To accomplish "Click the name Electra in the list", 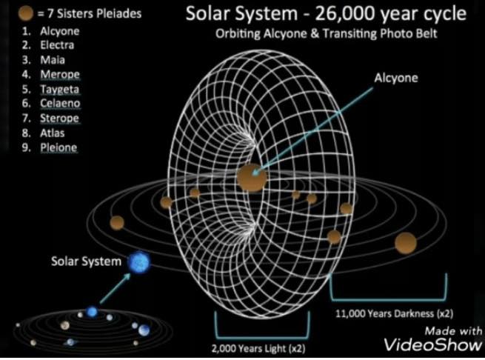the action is (x=57, y=45).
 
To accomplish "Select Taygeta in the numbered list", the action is (x=60, y=90).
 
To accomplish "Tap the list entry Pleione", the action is (x=58, y=147).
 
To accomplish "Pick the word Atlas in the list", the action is (x=53, y=133).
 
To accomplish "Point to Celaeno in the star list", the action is (x=60, y=104).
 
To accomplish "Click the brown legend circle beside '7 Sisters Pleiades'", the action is (x=26, y=13).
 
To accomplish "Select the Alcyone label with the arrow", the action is (x=396, y=78).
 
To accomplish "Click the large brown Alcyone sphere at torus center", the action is (x=252, y=178).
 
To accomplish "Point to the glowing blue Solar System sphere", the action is (x=139, y=262).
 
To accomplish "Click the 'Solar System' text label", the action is (x=87, y=261).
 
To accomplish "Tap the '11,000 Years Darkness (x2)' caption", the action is (x=395, y=314).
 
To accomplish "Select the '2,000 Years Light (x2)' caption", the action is (x=258, y=349).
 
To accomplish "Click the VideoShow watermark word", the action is (x=433, y=344).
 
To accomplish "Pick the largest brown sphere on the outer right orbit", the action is (x=406, y=243).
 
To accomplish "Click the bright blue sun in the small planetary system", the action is (x=92, y=312).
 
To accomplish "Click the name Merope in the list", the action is (x=60, y=75).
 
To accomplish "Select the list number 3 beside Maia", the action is (x=27, y=60).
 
